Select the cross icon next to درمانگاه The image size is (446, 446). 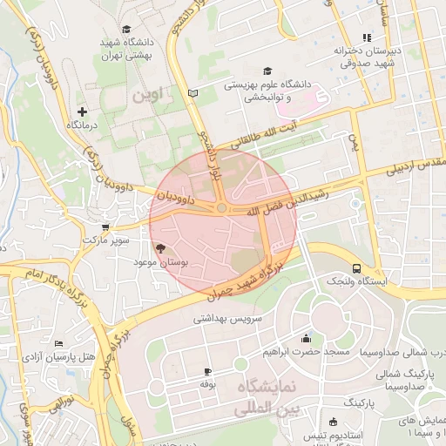(82, 111)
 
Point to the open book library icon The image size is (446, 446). (193, 92)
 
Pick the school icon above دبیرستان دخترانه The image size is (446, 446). (366, 37)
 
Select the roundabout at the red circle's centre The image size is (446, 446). (223, 209)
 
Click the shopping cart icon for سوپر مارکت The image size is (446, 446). (105, 226)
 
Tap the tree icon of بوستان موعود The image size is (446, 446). (158, 248)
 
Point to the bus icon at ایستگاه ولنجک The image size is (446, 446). (356, 268)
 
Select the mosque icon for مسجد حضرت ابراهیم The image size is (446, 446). (305, 340)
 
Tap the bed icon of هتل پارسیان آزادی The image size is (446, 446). (58, 344)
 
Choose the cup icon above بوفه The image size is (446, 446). (207, 371)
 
